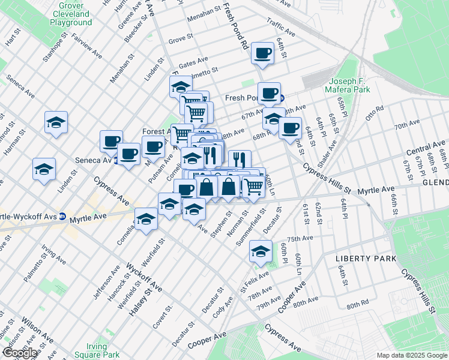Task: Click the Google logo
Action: click(20, 353)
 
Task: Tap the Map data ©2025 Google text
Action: click(411, 355)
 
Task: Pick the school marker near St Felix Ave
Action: click(260, 251)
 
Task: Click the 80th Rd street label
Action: click(357, 305)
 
